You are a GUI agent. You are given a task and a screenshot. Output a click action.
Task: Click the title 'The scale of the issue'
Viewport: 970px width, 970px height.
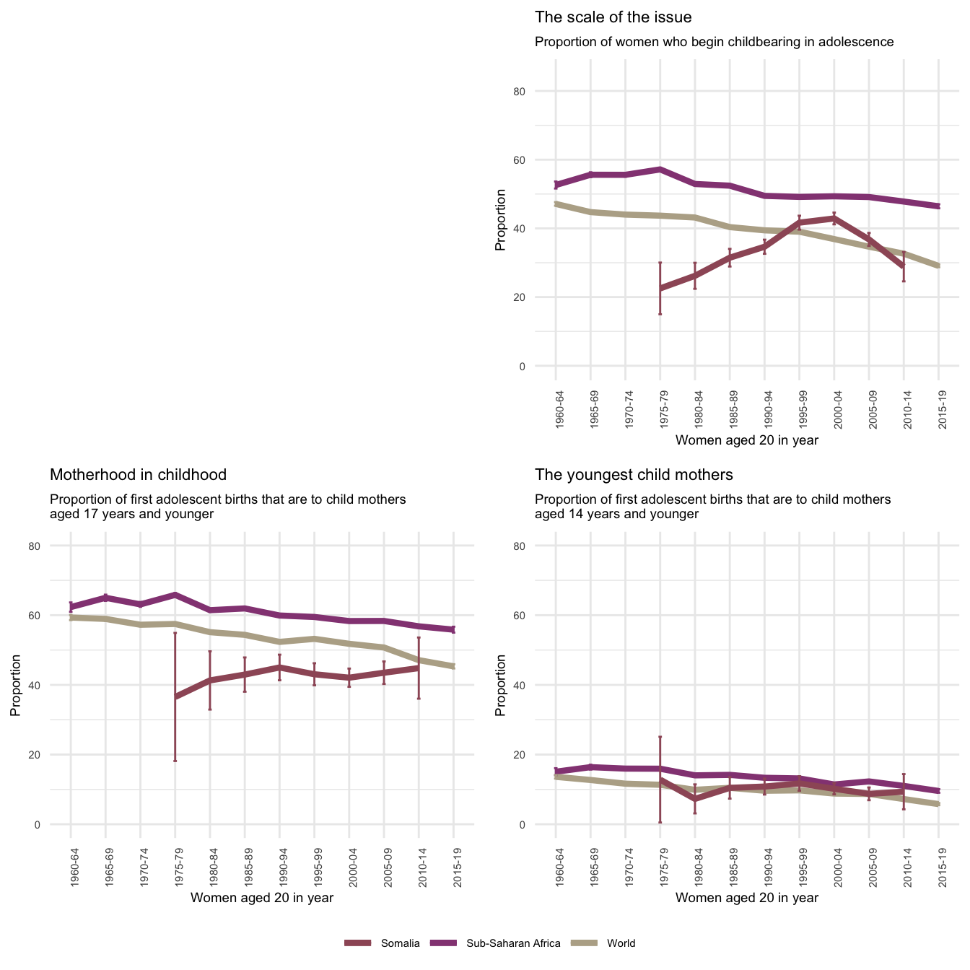[613, 17]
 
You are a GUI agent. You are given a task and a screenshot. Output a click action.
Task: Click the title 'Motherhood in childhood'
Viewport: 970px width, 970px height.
[138, 475]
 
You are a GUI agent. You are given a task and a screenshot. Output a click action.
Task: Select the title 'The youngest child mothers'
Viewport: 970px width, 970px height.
[634, 475]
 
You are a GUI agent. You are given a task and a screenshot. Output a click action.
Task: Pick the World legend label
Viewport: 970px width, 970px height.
[621, 943]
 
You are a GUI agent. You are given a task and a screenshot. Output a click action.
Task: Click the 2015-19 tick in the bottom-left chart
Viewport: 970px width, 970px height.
[453, 866]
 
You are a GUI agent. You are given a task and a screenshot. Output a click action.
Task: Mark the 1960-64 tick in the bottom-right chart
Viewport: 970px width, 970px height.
[556, 866]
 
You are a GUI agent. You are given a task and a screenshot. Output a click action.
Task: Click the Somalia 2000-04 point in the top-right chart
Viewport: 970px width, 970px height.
[834, 218]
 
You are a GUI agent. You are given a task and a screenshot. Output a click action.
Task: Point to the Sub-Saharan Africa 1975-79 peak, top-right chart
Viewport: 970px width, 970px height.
[660, 169]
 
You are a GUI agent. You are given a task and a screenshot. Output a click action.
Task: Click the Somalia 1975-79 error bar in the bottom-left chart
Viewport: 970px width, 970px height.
[175, 696]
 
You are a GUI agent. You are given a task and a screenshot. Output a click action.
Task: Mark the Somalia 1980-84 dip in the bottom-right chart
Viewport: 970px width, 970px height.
[695, 799]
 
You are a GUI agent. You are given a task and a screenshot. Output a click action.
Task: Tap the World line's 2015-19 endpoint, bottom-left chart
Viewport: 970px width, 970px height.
[453, 666]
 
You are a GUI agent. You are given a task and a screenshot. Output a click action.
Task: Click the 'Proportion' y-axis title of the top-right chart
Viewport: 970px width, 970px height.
[500, 219]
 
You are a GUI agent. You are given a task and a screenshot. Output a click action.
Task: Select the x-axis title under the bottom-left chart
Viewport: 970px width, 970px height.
[261, 898]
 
